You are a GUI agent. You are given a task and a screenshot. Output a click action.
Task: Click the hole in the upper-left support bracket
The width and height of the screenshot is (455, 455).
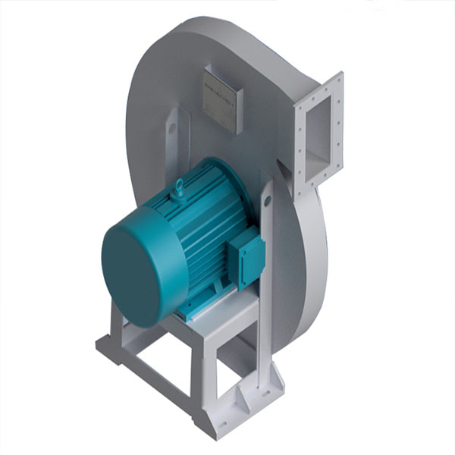172,129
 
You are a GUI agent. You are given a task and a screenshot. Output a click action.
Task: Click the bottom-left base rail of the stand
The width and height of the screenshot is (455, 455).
148,383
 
